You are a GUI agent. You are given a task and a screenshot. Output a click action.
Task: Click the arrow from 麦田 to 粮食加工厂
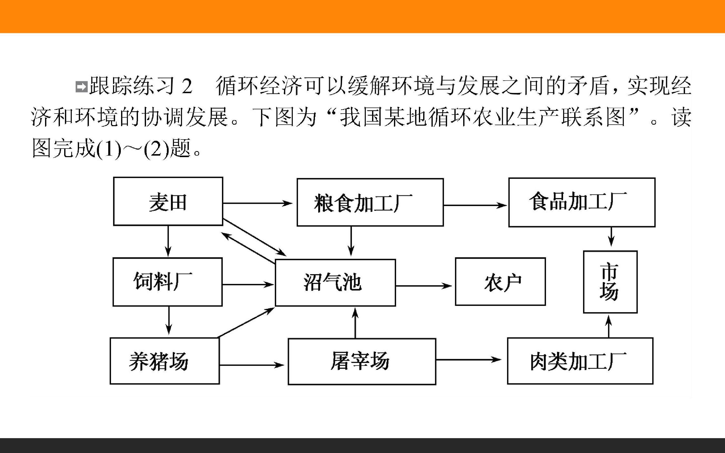click(x=258, y=203)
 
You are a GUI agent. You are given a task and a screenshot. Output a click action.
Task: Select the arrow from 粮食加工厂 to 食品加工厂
click(x=476, y=205)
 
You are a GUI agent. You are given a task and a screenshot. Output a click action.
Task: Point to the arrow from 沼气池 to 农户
click(x=424, y=286)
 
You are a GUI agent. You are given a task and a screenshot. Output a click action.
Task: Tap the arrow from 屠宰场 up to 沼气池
click(x=355, y=323)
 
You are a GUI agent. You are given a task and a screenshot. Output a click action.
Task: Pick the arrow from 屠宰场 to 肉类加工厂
click(x=469, y=360)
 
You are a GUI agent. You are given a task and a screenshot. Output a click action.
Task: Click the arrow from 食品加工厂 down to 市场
click(x=611, y=237)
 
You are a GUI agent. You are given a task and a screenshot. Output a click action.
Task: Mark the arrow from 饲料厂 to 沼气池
click(x=248, y=284)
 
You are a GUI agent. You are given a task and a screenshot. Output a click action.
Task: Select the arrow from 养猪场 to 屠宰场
click(x=252, y=365)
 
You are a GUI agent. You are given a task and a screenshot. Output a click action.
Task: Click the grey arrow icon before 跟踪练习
click(x=81, y=87)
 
